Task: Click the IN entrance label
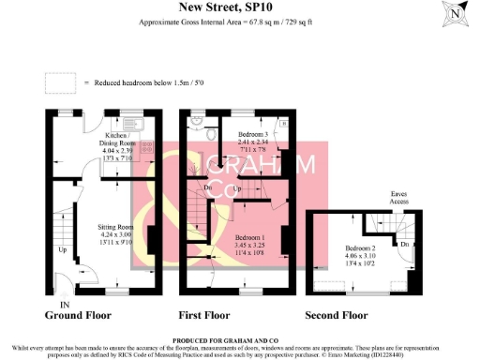(x=64, y=306)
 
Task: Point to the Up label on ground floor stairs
(x=62, y=250)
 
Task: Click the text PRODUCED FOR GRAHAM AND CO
(x=239, y=341)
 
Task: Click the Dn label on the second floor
(x=403, y=244)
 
